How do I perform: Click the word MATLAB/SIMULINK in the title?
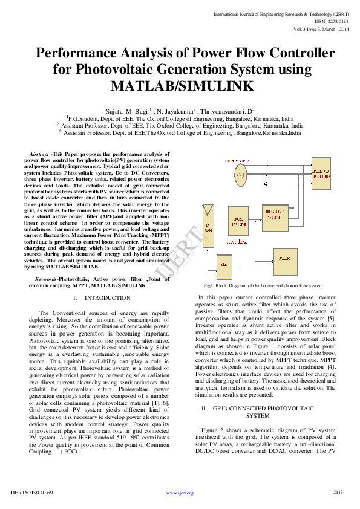(x=180, y=86)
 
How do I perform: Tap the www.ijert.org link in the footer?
(x=180, y=493)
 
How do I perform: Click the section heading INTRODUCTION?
(x=108, y=298)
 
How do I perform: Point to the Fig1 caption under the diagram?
(x=263, y=285)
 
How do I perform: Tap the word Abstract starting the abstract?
(x=39, y=154)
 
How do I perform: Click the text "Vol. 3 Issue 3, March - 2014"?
(x=321, y=29)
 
